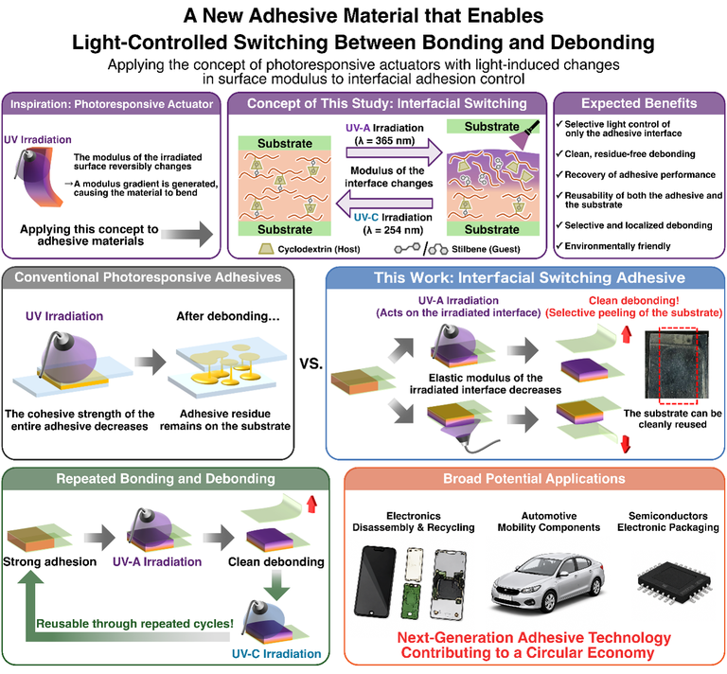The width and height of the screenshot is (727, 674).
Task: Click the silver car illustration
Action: click(547, 582)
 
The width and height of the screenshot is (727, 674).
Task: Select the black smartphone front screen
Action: click(375, 582)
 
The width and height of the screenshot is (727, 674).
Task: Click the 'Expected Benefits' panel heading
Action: click(639, 103)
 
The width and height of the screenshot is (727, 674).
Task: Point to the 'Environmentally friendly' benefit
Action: click(617, 246)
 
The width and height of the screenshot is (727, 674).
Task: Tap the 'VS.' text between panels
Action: click(310, 364)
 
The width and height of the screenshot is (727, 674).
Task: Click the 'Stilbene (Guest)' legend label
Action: click(486, 249)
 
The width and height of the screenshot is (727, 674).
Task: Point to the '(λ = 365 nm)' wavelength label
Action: click(384, 140)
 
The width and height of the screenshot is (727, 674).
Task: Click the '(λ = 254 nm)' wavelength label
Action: click(393, 230)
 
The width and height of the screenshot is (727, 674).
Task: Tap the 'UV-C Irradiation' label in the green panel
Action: click(276, 653)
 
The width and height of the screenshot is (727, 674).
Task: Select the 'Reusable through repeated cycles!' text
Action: click(134, 624)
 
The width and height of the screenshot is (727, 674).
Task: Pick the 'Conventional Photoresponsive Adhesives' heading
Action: click(148, 277)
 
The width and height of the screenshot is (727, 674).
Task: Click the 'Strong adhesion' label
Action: click(49, 561)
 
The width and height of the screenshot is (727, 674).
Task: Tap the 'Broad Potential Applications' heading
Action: click(534, 478)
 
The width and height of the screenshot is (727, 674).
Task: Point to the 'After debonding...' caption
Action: click(228, 316)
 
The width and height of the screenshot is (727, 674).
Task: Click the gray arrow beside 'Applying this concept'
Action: click(187, 234)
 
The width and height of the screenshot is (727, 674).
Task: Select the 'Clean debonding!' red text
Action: click(634, 300)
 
